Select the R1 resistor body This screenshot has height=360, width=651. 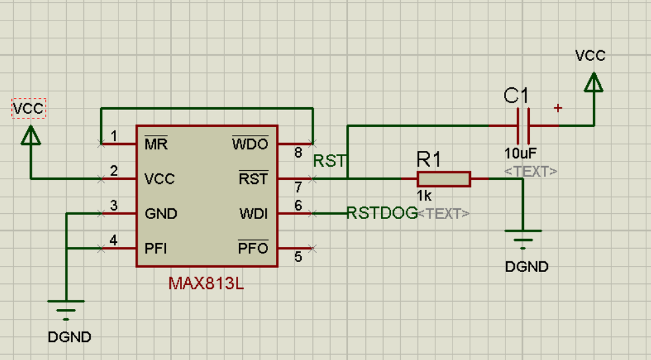click(x=443, y=179)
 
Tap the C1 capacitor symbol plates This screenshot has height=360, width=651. click(x=523, y=126)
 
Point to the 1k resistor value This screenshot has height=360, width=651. click(x=425, y=196)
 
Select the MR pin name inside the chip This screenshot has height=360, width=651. click(x=156, y=144)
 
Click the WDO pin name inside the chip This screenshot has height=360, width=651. click(x=250, y=144)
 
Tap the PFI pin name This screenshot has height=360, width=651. click(x=155, y=249)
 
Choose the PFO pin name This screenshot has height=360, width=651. click(x=253, y=249)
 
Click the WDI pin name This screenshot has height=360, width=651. click(x=254, y=214)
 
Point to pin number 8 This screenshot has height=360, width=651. click(x=298, y=153)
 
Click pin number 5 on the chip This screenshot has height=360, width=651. click(x=298, y=257)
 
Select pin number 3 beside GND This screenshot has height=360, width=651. click(x=114, y=206)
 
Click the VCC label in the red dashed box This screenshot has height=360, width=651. click(x=29, y=108)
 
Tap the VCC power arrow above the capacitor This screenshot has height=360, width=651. click(x=593, y=83)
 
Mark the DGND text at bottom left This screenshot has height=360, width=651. click(x=69, y=337)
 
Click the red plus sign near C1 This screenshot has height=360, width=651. click(x=558, y=108)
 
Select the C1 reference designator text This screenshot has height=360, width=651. click(x=517, y=97)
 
